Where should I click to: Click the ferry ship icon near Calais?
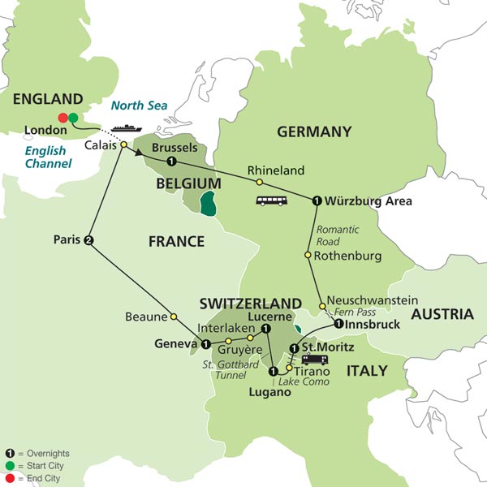pyautogui.click(x=127, y=127)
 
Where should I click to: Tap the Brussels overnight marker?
pyautogui.click(x=172, y=162)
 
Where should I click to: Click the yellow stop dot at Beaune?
pyautogui.click(x=173, y=316)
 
